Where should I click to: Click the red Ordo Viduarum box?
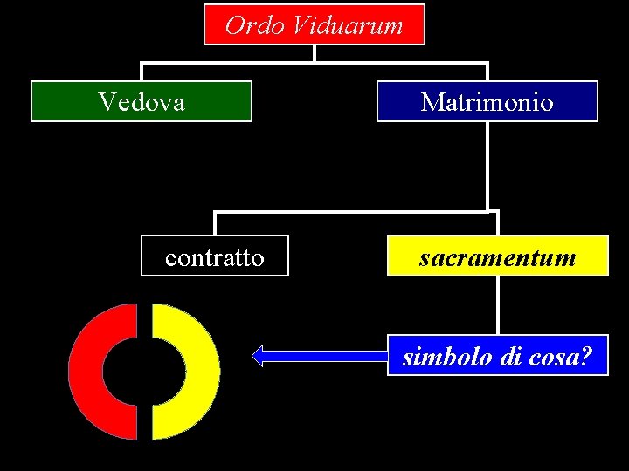pos(314,24)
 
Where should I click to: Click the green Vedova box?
pos(142,101)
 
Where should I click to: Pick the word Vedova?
pos(142,102)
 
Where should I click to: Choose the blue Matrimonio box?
pos(487,101)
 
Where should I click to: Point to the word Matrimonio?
pos(487,102)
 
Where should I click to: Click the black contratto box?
pos(215,256)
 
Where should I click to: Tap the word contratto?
pos(215,258)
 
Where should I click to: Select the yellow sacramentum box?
pos(497,256)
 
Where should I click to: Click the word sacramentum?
pos(497,258)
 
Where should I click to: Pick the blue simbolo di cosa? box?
pos(497,355)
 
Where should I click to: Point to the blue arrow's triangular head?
pos(259,355)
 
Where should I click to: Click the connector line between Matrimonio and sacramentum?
pos(487,166)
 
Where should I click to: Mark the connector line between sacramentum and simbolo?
pos(497,305)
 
